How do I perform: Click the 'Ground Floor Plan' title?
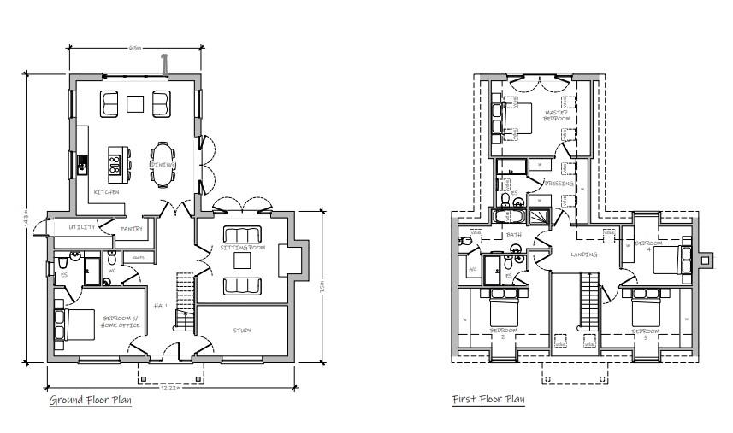click(90, 401)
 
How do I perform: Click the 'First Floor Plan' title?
click(488, 400)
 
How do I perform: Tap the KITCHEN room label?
click(106, 193)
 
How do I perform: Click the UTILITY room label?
click(82, 227)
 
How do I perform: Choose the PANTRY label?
click(131, 229)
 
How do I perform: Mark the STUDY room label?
click(242, 330)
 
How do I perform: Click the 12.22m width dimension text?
click(170, 389)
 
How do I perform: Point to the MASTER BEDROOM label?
click(557, 115)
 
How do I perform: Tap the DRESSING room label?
click(558, 184)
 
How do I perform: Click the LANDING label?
click(584, 254)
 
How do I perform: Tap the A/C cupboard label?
click(472, 269)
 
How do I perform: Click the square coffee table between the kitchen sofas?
click(136, 103)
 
